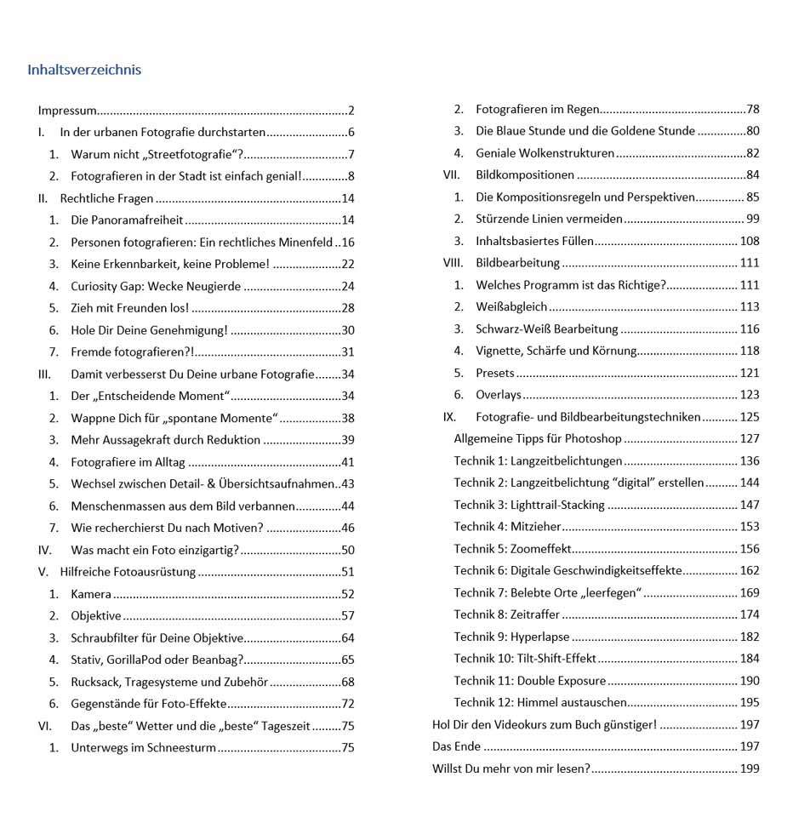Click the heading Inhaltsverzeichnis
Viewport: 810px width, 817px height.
84,70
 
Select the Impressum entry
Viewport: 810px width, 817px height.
67,111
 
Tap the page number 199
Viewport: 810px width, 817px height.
749,768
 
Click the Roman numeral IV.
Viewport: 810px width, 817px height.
45,551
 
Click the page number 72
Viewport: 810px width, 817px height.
347,704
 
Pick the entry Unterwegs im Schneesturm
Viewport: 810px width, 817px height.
143,748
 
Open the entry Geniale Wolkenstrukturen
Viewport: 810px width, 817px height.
545,153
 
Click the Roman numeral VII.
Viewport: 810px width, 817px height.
451,175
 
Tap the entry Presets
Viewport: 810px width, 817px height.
495,373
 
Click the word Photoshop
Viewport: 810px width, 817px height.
595,439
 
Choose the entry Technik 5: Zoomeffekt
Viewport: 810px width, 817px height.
513,549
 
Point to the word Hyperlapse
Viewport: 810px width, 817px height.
540,637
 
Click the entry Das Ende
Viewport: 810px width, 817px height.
457,746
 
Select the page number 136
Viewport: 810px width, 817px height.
749,461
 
